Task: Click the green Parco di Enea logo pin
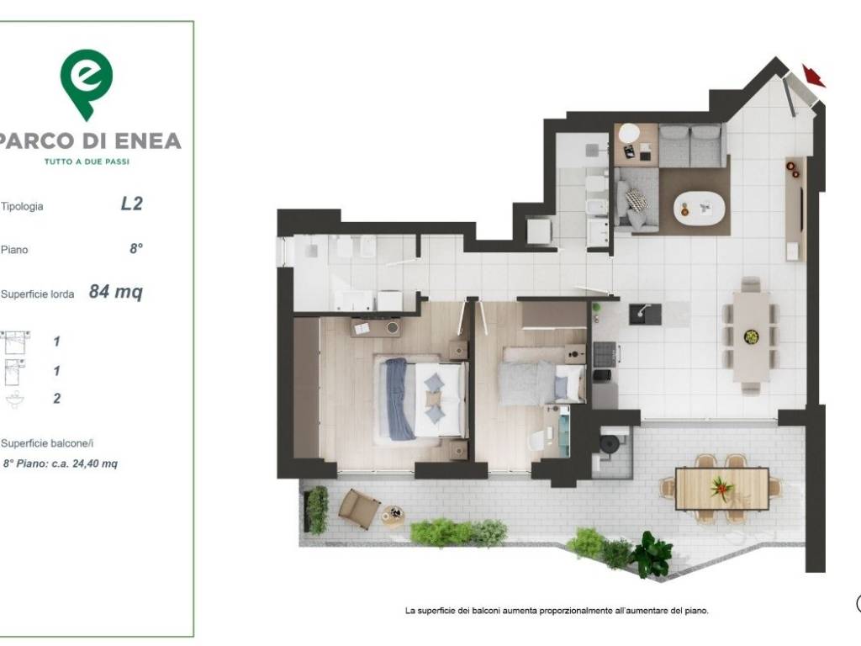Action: pyautogui.click(x=87, y=82)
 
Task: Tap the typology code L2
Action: pyautogui.click(x=132, y=204)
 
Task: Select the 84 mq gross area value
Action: pyautogui.click(x=116, y=291)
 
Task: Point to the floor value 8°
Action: pyautogui.click(x=136, y=249)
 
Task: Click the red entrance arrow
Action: pyautogui.click(x=814, y=76)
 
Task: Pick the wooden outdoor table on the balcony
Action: pyautogui.click(x=721, y=489)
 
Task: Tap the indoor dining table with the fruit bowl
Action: pyautogui.click(x=751, y=336)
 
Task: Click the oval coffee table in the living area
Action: pyautogui.click(x=699, y=208)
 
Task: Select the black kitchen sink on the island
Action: pyautogui.click(x=645, y=315)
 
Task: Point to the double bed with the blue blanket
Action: pyautogui.click(x=420, y=398)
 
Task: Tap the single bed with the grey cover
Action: pyautogui.click(x=541, y=376)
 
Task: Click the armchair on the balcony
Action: pyautogui.click(x=358, y=509)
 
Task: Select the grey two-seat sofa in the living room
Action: pyautogui.click(x=691, y=145)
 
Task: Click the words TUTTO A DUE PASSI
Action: pyautogui.click(x=87, y=161)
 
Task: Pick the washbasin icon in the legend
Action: pyautogui.click(x=15, y=400)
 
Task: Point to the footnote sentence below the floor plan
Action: pyautogui.click(x=557, y=611)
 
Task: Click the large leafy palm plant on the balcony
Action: pyautogui.click(x=652, y=553)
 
